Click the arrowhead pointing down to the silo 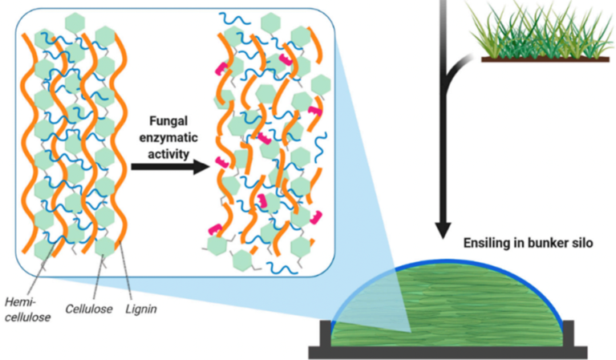coord(443,227)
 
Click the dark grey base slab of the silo coord(449,351)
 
